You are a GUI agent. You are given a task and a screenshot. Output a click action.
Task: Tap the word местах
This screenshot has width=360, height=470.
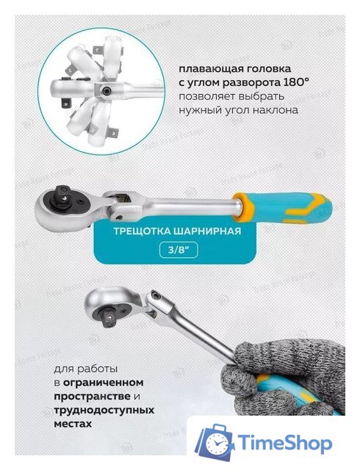coord(73,424)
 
